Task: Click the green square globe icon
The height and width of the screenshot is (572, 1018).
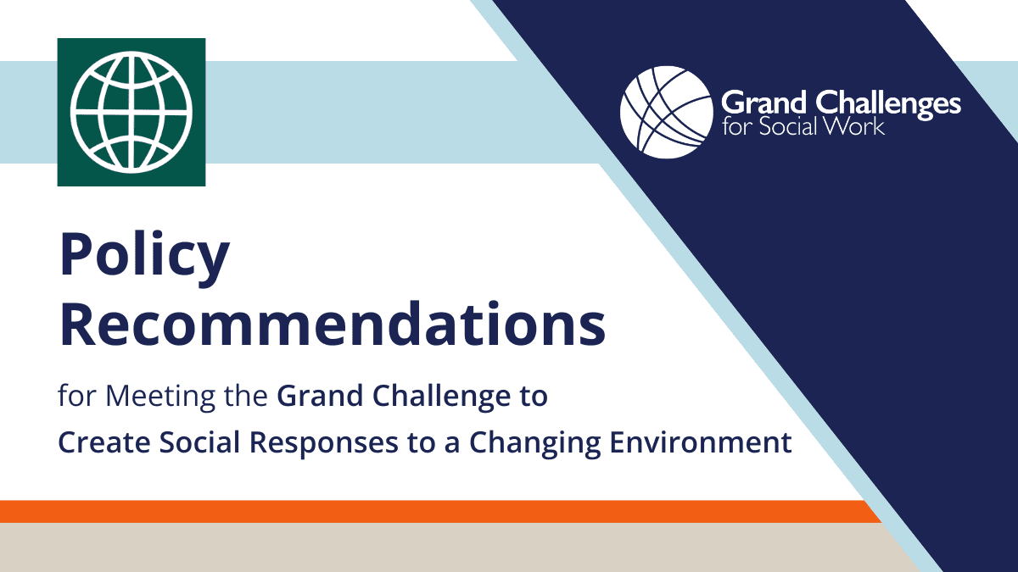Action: tap(131, 112)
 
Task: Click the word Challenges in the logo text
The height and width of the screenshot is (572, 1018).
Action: tap(887, 104)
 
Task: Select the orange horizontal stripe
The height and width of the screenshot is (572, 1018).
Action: tap(424, 511)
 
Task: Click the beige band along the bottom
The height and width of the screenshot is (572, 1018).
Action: tap(424, 548)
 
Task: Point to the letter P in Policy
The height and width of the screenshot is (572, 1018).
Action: tap(76, 258)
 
